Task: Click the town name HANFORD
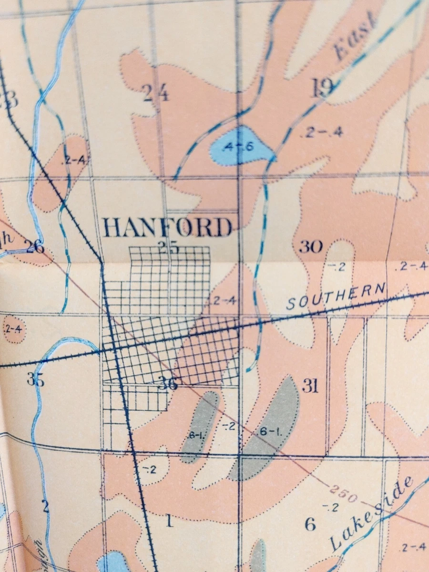coord(168,228)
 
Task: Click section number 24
coord(156,93)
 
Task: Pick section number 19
coord(323,88)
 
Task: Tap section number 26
coord(35,247)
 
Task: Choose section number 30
coord(311,247)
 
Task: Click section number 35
coord(35,380)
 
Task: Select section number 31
coord(310,386)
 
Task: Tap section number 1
coord(169,521)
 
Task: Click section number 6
coord(310,525)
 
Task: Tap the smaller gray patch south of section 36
coord(200,427)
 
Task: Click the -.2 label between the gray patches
coord(229,426)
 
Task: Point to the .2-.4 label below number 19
coord(323,133)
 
